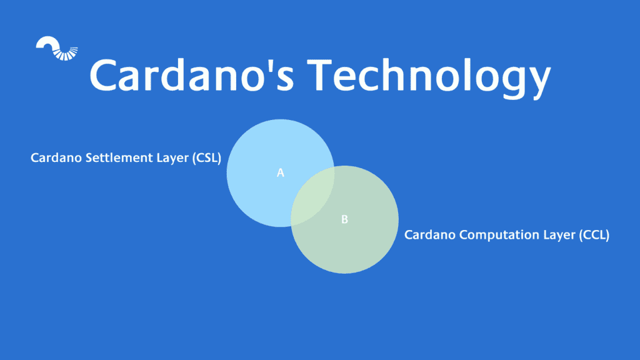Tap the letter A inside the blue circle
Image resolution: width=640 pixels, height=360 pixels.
[x=281, y=172]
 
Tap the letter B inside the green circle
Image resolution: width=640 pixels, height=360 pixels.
[x=344, y=219]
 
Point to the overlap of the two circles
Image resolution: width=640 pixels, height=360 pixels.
[x=312, y=196]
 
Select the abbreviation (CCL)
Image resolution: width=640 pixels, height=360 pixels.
[x=591, y=235]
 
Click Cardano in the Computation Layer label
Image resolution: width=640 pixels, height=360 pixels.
[x=428, y=235]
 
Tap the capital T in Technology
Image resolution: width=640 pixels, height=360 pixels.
[x=316, y=74]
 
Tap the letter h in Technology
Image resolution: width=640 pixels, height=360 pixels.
[x=394, y=73]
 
